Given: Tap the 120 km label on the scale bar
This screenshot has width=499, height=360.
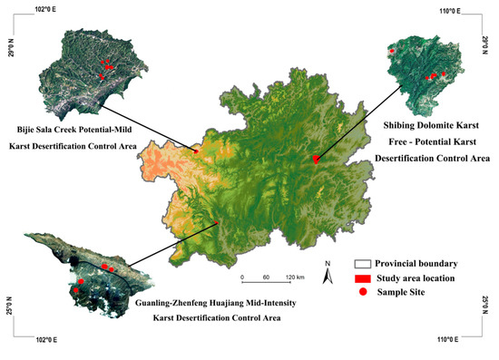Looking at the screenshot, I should coord(294,276).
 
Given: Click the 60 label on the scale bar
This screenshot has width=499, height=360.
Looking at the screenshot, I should coord(267,276).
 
